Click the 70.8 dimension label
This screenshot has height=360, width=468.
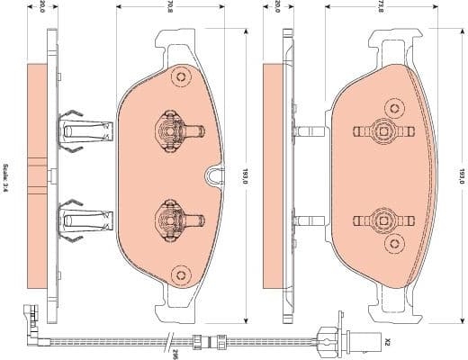click(168, 8)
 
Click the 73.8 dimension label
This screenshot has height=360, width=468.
click(382, 8)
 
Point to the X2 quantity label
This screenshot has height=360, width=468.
click(388, 342)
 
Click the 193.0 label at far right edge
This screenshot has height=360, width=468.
click(460, 175)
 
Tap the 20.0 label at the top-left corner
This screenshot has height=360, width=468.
click(40, 7)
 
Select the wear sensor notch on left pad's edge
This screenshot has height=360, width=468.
click(215, 175)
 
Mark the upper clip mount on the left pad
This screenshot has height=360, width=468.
click(168, 131)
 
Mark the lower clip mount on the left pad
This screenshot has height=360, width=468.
click(168, 219)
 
